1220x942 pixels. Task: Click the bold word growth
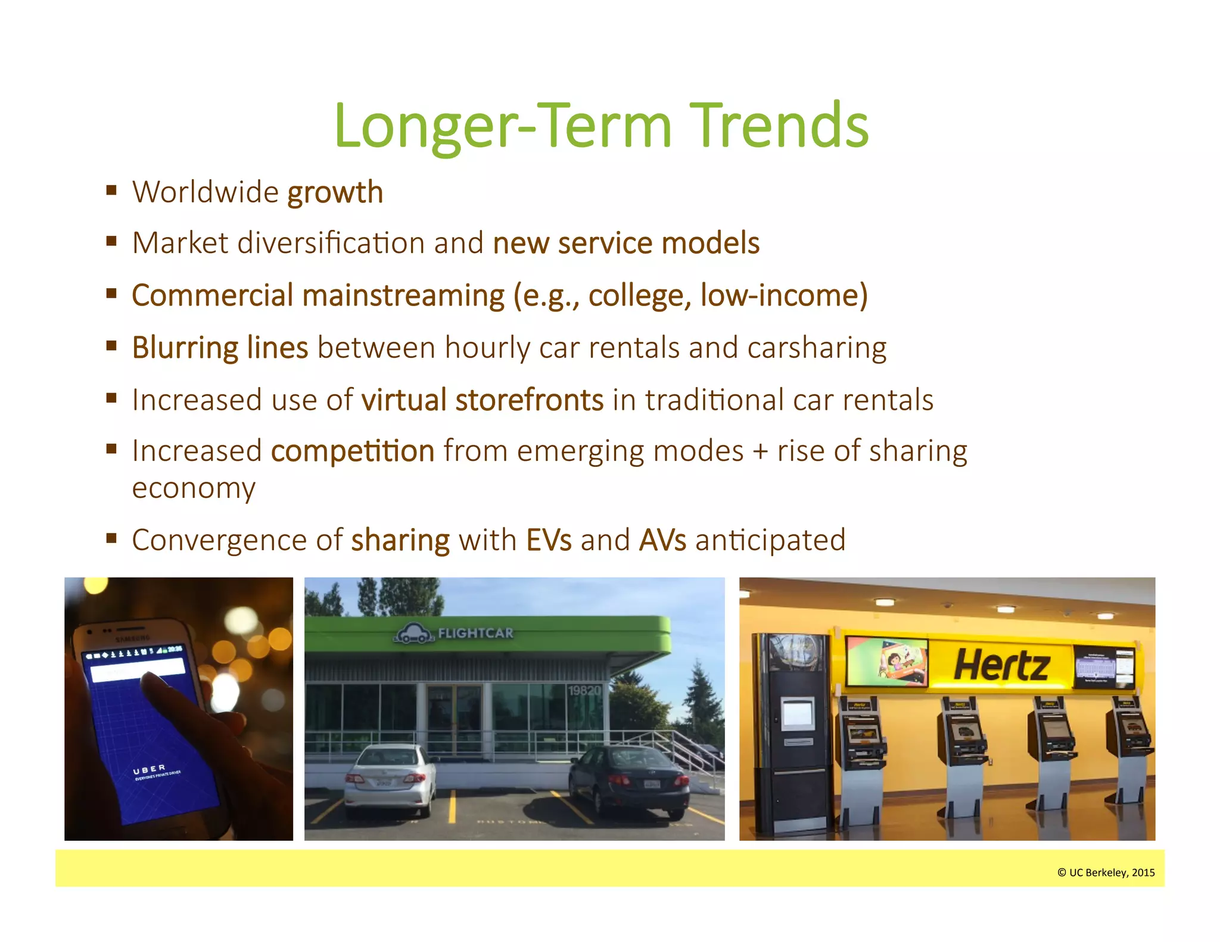pos(335,192)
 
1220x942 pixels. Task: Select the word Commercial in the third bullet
pos(213,295)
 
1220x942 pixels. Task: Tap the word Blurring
pos(185,348)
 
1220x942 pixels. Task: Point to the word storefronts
pos(530,400)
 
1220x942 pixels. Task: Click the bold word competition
pos(353,451)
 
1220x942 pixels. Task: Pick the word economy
pos(194,489)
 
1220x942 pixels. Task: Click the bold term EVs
pos(549,540)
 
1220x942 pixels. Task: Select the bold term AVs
pos(662,540)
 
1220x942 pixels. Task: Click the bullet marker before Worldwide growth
pos(111,191)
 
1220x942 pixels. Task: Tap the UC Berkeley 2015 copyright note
pos(1106,872)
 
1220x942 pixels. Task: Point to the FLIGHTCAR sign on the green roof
pos(475,633)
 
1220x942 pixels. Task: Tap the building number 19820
pos(584,691)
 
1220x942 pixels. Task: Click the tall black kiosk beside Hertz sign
pos(792,732)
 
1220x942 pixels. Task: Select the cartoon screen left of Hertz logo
pos(888,662)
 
